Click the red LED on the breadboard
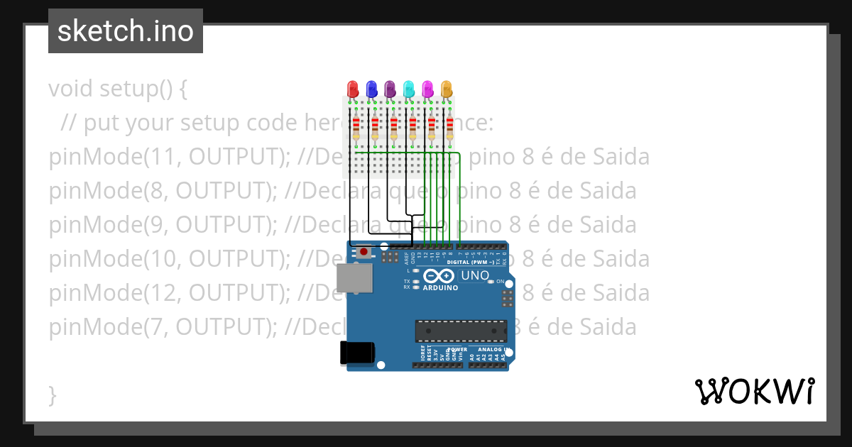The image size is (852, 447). pyautogui.click(x=353, y=89)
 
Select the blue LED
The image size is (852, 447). pyautogui.click(x=371, y=89)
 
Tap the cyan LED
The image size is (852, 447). pyautogui.click(x=409, y=89)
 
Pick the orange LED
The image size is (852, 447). pyautogui.click(x=447, y=89)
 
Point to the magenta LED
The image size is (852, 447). pyautogui.click(x=427, y=89)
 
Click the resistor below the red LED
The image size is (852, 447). pyautogui.click(x=356, y=128)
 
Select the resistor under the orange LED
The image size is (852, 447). pyautogui.click(x=449, y=128)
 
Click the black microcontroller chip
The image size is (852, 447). pyautogui.click(x=461, y=330)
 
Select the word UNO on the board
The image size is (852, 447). pyautogui.click(x=475, y=275)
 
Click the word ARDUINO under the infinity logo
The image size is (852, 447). pyautogui.click(x=440, y=288)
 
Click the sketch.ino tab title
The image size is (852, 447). pyautogui.click(x=126, y=31)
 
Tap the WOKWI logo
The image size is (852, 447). pyautogui.click(x=754, y=391)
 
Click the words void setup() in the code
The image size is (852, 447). pyautogui.click(x=118, y=89)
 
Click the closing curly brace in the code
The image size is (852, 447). pyautogui.click(x=52, y=394)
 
